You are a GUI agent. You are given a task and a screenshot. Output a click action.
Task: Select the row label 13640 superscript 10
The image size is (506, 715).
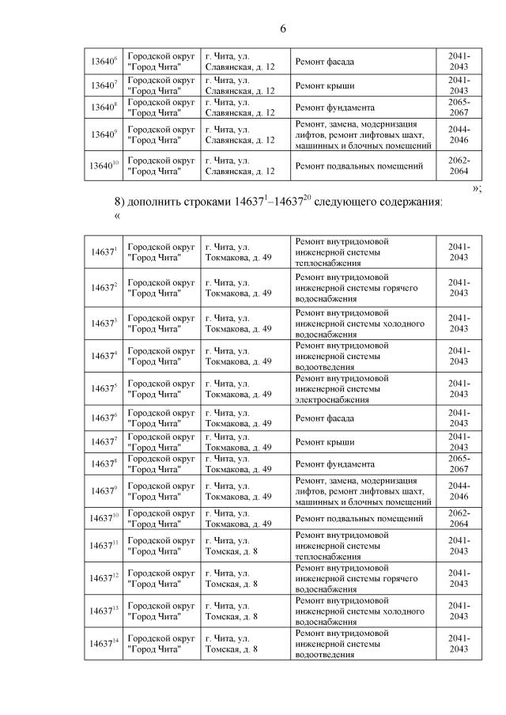coord(104,166)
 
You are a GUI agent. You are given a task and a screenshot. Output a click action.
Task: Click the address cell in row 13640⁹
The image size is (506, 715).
coord(240,134)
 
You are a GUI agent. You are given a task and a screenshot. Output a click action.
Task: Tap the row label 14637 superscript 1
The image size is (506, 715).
coord(104,252)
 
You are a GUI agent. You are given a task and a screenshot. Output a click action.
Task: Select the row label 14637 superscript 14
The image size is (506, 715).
coord(104,644)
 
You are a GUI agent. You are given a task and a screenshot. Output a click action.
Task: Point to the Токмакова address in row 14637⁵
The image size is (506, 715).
coord(239,388)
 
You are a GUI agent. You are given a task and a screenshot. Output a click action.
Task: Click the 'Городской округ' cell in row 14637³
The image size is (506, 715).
coord(161,323)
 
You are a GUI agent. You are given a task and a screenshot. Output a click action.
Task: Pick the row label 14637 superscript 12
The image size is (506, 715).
coord(104,579)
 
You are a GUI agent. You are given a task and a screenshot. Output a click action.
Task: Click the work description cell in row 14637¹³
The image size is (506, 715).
coord(360,611)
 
